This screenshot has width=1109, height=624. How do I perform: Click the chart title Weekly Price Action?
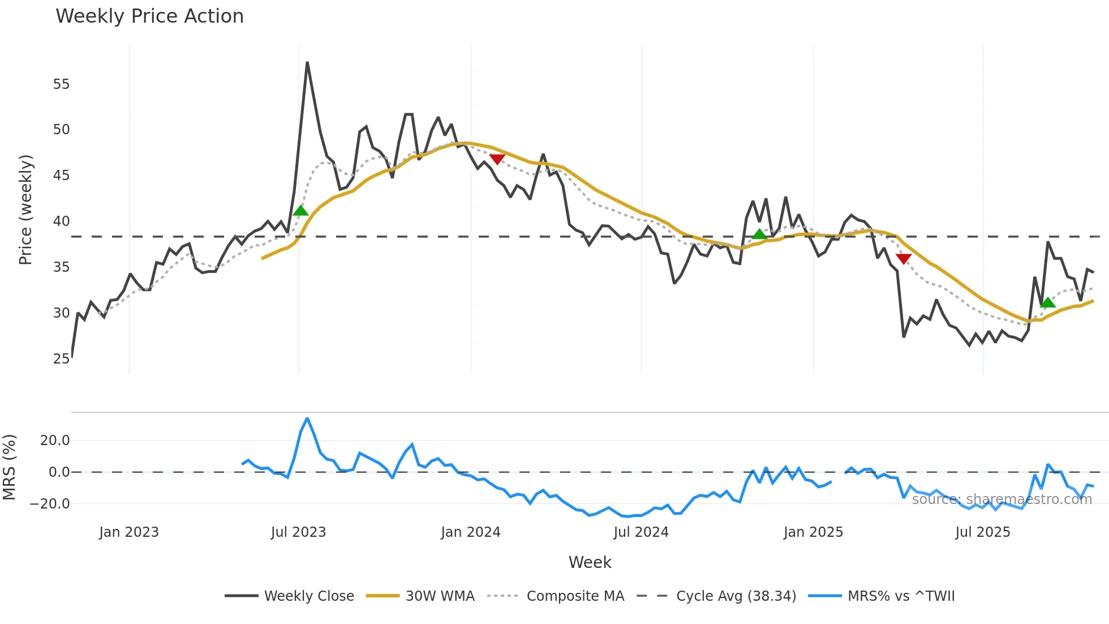click(149, 16)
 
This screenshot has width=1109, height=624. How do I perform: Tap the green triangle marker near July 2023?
click(301, 211)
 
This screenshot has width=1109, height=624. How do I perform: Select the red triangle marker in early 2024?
click(497, 159)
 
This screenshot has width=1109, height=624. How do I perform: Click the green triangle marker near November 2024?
click(759, 234)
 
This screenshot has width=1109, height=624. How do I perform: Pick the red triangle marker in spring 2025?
click(904, 259)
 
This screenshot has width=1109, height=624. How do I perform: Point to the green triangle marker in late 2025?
click(1048, 303)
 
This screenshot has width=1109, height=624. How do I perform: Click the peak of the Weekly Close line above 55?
click(307, 63)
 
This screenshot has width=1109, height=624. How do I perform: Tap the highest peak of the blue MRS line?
click(307, 418)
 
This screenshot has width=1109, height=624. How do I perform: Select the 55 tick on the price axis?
click(61, 84)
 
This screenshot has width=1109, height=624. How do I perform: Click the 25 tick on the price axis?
click(61, 358)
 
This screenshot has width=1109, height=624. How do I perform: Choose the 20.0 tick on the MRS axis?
click(54, 441)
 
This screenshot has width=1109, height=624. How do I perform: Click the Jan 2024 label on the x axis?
click(471, 532)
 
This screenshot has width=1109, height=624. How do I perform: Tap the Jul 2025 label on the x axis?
click(983, 532)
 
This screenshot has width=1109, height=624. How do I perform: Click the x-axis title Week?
click(590, 562)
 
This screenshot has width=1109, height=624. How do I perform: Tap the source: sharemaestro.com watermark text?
click(1001, 499)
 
